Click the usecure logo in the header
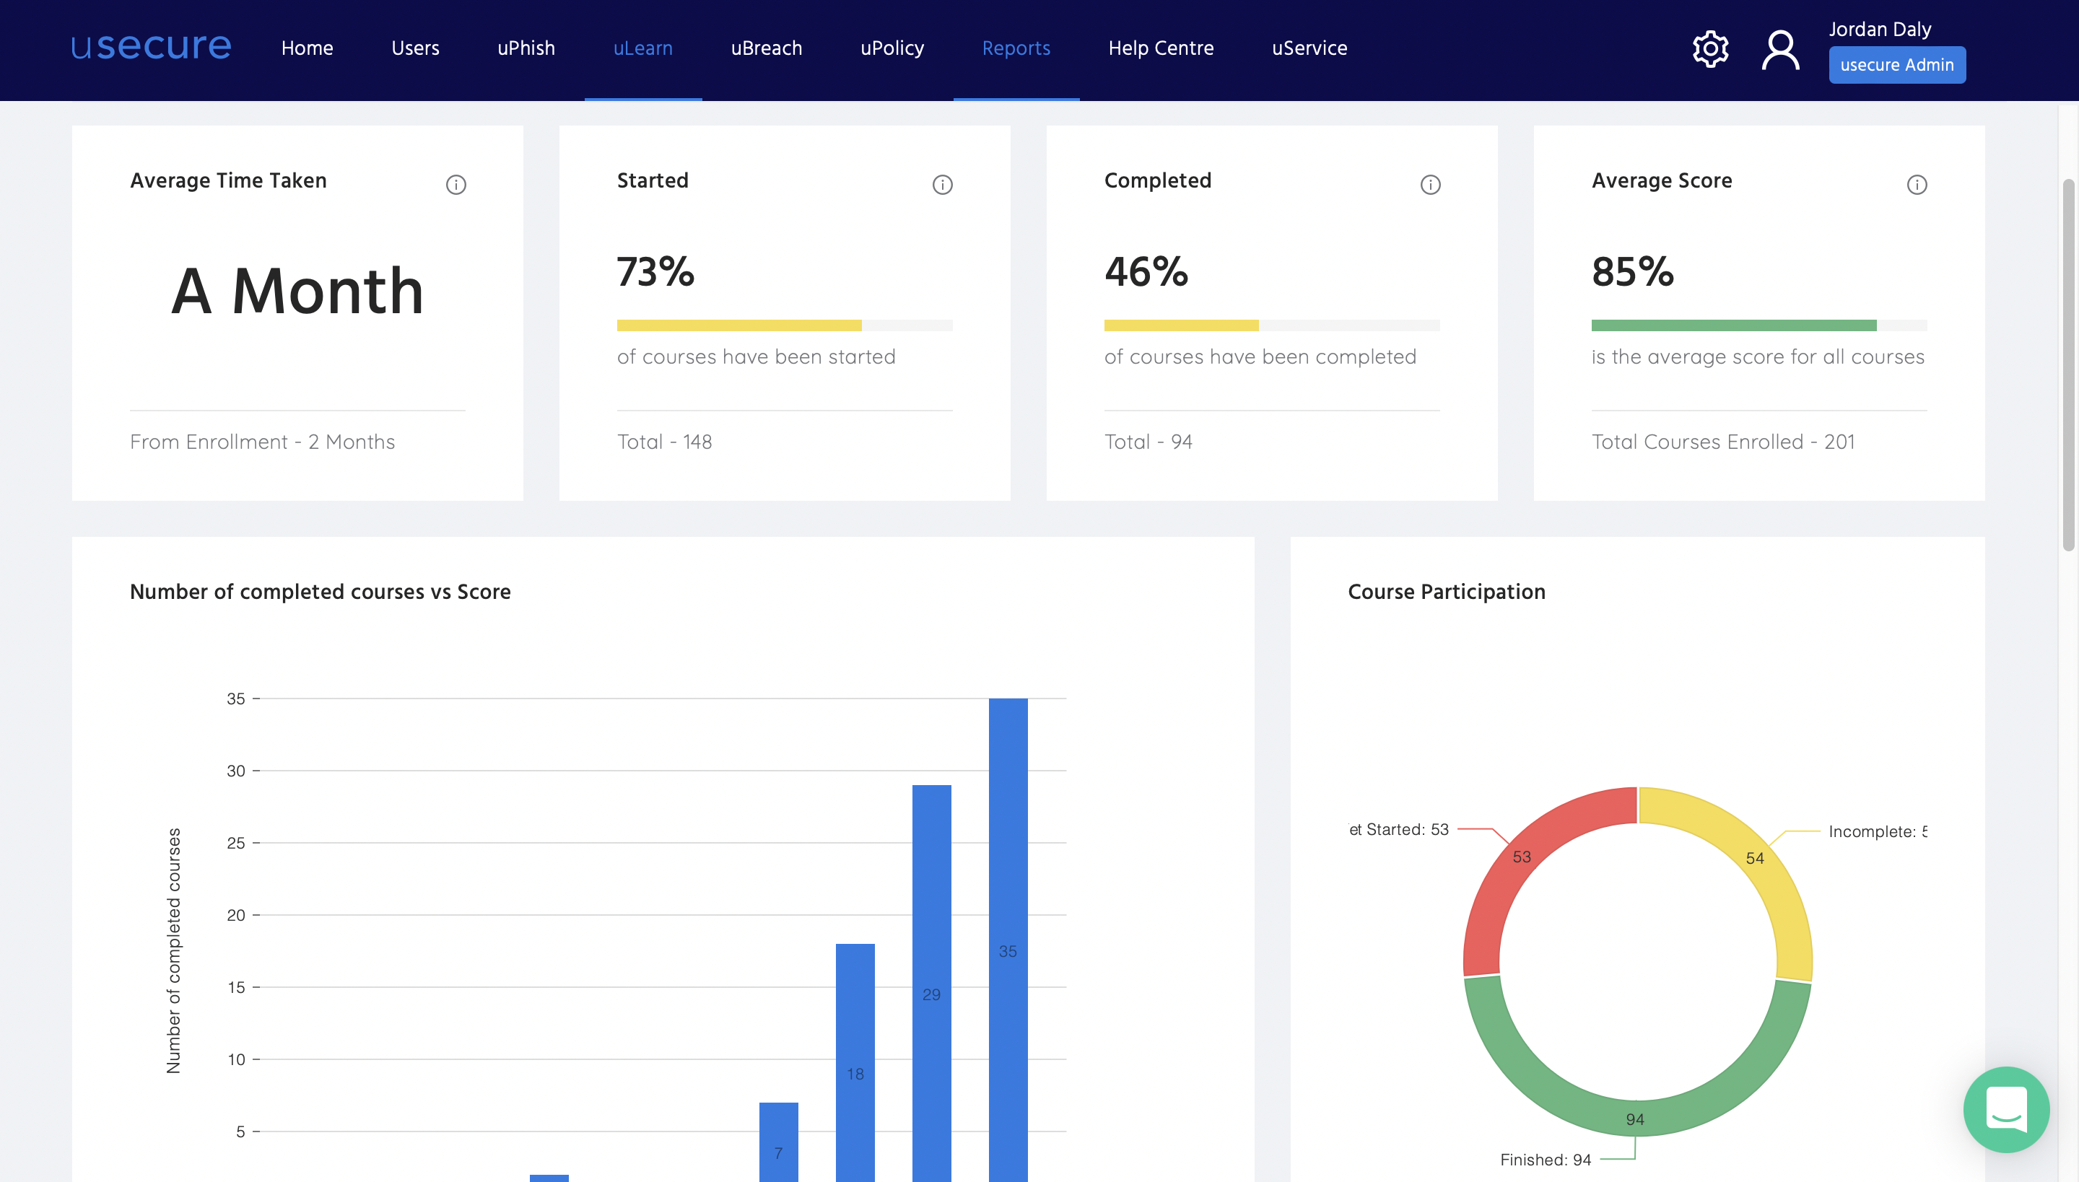(x=151, y=47)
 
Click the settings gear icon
(x=1710, y=50)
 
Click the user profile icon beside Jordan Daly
(x=1780, y=51)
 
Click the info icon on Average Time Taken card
(x=456, y=185)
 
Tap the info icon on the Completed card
(x=1430, y=185)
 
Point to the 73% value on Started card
(x=655, y=272)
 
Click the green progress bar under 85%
(x=1733, y=325)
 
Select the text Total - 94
(x=1148, y=442)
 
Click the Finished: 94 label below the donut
(x=1545, y=1159)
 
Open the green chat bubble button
(x=2006, y=1109)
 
